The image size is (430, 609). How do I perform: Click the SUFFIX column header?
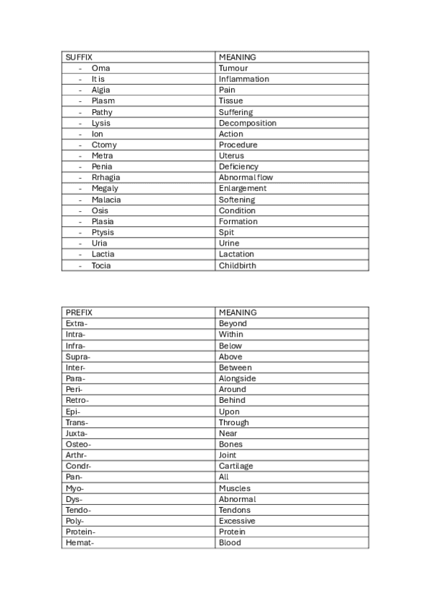click(79, 57)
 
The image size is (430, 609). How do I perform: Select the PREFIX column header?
click(79, 312)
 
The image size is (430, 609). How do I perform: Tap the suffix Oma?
click(101, 68)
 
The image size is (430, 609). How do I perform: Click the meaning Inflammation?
click(244, 79)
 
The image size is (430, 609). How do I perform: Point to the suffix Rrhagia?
click(106, 177)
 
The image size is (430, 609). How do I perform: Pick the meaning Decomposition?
click(248, 123)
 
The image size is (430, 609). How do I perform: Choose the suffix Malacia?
click(106, 200)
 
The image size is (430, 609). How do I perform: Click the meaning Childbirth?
click(238, 265)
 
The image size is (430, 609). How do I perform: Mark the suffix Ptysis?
click(103, 232)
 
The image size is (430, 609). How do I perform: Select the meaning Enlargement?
click(243, 188)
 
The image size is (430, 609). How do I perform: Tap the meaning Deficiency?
click(238, 167)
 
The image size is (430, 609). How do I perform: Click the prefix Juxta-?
click(76, 433)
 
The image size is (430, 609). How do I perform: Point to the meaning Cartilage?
click(236, 466)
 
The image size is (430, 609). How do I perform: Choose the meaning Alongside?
click(238, 378)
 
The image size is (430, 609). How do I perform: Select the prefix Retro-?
click(78, 400)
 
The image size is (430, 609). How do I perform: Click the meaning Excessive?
click(237, 521)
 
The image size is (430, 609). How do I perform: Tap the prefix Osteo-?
click(78, 444)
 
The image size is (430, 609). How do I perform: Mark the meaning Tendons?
click(235, 510)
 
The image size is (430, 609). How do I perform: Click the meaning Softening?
click(237, 200)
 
